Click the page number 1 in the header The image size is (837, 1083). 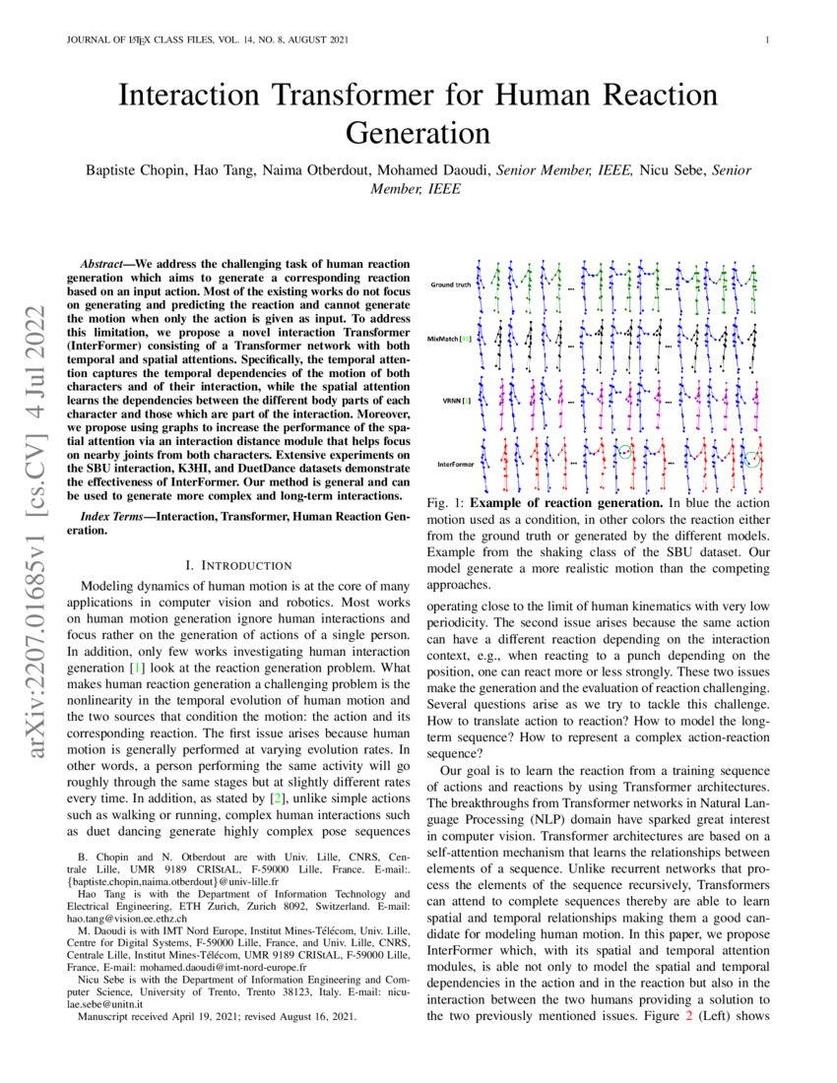pos(765,40)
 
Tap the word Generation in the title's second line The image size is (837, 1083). pos(418,132)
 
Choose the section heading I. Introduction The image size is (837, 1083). pos(238,565)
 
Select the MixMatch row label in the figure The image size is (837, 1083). pos(449,338)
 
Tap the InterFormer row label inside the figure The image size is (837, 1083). pos(455,462)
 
